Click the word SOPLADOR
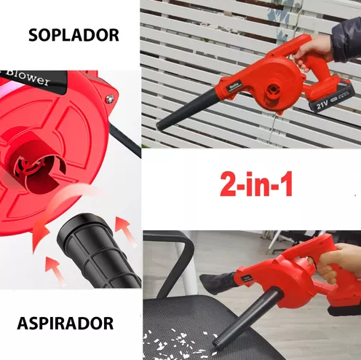click(x=74, y=35)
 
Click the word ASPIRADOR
click(x=66, y=324)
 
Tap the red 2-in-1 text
click(x=256, y=184)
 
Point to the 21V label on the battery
click(x=322, y=104)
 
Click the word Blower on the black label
click(x=27, y=77)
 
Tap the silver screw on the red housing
click(x=110, y=98)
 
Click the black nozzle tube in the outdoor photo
click(x=187, y=110)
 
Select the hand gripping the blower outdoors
click(x=312, y=52)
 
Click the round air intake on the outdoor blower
click(x=273, y=90)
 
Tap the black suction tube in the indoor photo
click(x=247, y=318)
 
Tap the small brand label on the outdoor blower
click(x=234, y=87)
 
